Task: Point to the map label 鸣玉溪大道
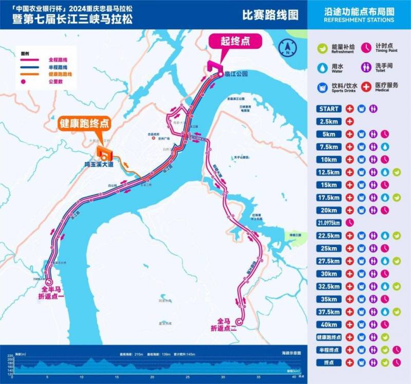[98, 165]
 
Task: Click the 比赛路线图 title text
[270, 15]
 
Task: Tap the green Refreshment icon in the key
[323, 48]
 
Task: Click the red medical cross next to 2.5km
[349, 121]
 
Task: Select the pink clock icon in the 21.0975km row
[349, 223]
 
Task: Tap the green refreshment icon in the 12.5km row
[396, 172]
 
